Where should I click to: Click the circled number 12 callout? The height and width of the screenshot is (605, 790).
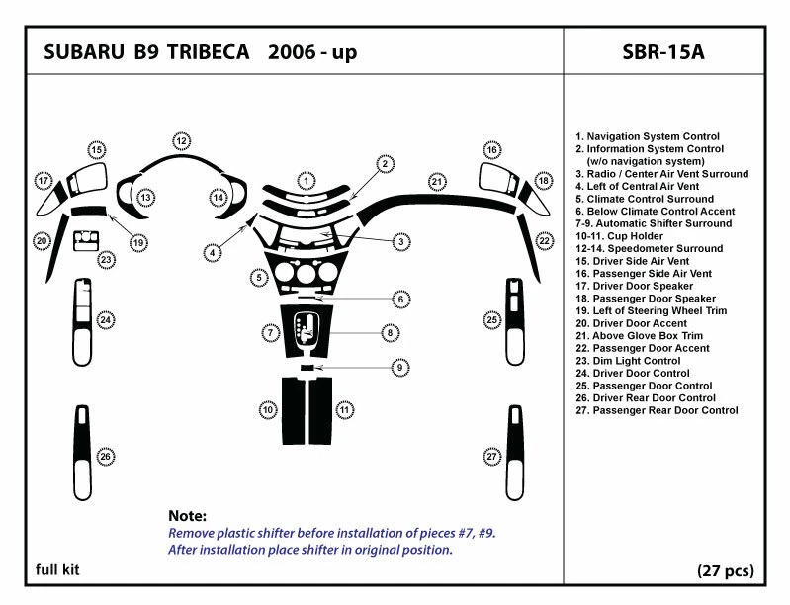pos(181,141)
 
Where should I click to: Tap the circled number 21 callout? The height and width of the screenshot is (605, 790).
pos(437,182)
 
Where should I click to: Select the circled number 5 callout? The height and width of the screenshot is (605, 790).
pos(259,278)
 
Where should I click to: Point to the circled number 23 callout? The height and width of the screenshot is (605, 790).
pos(106,260)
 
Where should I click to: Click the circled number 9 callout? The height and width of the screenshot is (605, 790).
pos(400,367)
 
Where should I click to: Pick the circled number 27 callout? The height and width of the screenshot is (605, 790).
pos(491,457)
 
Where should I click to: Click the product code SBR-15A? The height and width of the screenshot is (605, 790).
pos(663,51)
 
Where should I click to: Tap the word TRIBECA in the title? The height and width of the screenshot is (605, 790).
pos(208,51)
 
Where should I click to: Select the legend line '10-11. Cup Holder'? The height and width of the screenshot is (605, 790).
pos(619,236)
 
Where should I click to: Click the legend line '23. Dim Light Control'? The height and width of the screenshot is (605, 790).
pos(628,361)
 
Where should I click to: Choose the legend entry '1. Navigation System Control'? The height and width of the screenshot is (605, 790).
pos(648,136)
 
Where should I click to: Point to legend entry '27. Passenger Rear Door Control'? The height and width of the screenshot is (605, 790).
pos(657,410)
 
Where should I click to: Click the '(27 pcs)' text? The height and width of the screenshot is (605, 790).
pos(726,570)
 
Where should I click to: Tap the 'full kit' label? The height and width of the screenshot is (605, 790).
pos(57,569)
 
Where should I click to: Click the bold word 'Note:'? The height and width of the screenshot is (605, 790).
pos(188,516)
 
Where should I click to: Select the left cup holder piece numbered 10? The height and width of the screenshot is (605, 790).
pos(293,410)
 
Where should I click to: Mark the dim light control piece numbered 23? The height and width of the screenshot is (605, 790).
pos(86,241)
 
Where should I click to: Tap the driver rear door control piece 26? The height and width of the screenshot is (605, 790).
pos(83,453)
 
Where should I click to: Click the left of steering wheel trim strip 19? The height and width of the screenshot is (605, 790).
pos(89,211)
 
